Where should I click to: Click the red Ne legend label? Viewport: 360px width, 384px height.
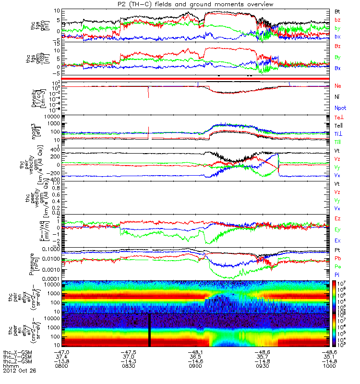338,86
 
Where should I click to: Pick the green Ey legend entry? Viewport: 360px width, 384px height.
338,229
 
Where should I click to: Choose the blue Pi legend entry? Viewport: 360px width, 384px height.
337,273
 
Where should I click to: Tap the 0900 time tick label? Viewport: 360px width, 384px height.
197,366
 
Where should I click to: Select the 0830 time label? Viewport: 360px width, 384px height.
129,366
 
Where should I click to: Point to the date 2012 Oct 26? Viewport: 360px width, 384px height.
19,371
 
